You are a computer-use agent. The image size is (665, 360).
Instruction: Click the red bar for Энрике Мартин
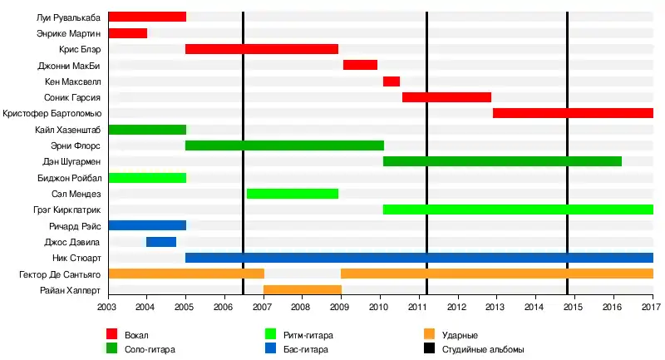pos(127,33)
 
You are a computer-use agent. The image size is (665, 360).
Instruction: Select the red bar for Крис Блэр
pos(261,49)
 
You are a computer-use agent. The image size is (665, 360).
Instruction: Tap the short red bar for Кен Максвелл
pos(391,81)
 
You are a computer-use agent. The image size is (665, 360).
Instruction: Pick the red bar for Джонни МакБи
pos(360,65)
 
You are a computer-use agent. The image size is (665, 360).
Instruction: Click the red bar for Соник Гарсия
pos(446,97)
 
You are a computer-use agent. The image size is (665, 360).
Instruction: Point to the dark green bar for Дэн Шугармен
pos(502,161)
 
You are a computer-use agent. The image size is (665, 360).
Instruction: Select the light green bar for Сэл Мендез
pos(292,194)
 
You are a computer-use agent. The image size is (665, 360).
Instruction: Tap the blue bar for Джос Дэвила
pos(160,242)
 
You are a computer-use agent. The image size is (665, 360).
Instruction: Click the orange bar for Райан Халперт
pos(302,290)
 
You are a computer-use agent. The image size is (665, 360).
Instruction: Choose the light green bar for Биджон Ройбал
pos(147,178)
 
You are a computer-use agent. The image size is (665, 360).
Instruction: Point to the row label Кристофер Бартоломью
pos(52,113)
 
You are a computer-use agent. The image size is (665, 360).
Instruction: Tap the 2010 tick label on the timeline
pos(380,308)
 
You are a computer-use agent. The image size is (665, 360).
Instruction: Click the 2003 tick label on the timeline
pos(108,308)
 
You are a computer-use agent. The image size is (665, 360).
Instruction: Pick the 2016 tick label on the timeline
pos(613,308)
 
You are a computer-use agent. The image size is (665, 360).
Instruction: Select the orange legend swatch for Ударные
pos(429,334)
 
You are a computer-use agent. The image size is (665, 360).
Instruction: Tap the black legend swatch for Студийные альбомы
pos(429,349)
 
